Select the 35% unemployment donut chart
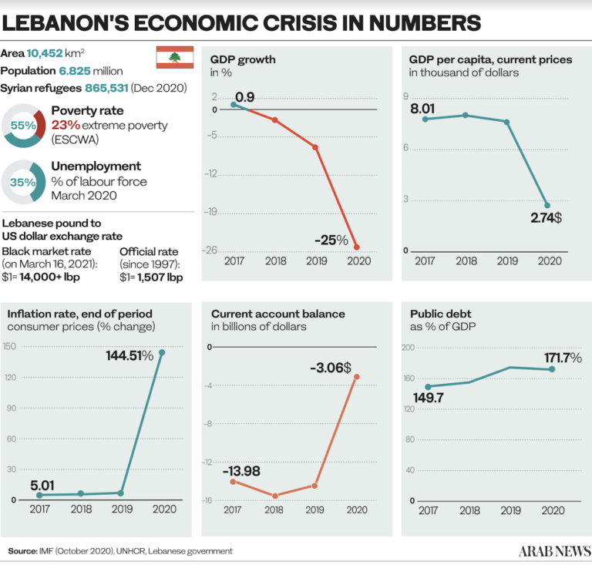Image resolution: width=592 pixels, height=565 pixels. click(24, 183)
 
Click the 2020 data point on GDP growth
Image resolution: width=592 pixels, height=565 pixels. click(356, 247)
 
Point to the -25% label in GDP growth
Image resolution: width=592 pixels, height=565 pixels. click(331, 240)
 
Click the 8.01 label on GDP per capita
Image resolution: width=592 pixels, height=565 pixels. click(423, 109)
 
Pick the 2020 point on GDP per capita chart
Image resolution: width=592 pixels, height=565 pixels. click(547, 206)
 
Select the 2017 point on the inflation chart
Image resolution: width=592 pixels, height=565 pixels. click(39, 495)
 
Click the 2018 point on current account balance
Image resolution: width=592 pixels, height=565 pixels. click(275, 496)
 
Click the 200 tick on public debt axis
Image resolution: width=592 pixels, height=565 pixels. click(409, 348)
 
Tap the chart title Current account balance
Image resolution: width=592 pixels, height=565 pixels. click(277, 314)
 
